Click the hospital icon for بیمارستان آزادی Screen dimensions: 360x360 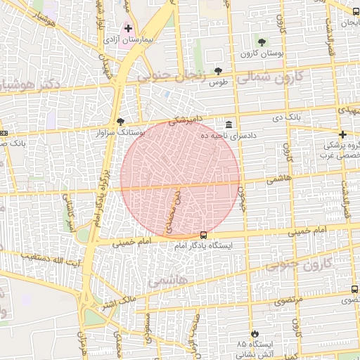128,30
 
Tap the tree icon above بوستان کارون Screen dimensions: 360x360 262,43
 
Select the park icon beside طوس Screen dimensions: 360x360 219,71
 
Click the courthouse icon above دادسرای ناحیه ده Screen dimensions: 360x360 229,123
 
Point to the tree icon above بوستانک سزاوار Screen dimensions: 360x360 120,121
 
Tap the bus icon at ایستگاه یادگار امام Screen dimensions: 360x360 203,236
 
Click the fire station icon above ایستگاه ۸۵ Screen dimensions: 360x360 254,334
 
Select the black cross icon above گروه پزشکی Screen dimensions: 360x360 342,134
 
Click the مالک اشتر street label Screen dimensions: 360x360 117,303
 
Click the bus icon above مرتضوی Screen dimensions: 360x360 354,289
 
